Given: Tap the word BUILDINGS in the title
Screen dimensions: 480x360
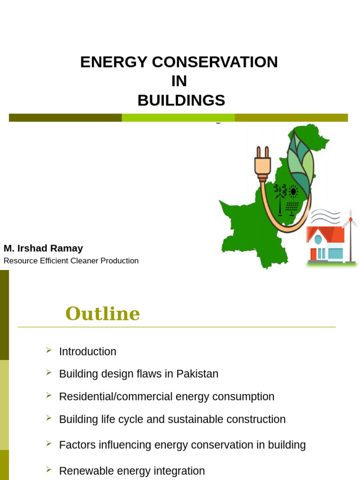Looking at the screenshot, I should click(x=181, y=100).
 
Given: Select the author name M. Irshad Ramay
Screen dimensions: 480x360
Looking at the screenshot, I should click(x=43, y=248).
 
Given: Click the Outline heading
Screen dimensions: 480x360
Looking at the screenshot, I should click(x=103, y=314).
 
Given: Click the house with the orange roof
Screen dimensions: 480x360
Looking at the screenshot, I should click(x=325, y=244).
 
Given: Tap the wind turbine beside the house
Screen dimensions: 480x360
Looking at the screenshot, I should click(x=350, y=234).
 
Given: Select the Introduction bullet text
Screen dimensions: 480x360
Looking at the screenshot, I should click(x=88, y=352).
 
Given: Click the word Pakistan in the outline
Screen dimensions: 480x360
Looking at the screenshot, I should click(x=197, y=374).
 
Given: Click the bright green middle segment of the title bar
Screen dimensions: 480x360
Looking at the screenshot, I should click(x=178, y=118).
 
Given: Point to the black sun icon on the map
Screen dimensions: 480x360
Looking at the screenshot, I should click(x=293, y=191).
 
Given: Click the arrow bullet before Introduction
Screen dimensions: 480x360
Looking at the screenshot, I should click(x=49, y=350).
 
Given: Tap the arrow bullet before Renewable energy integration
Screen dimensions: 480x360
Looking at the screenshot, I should click(x=49, y=469).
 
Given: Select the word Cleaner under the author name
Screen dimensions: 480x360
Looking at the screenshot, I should click(x=85, y=261).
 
